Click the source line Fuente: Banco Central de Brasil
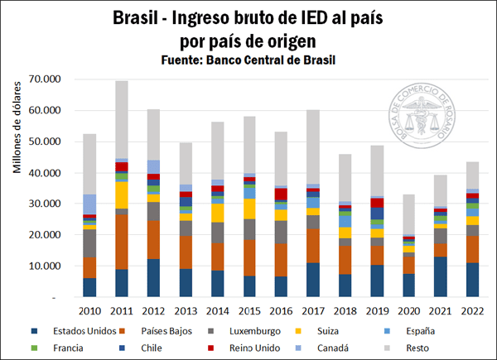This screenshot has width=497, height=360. (x=248, y=60)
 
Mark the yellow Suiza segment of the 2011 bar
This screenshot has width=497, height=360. (x=122, y=194)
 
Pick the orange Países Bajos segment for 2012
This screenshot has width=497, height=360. (x=153, y=240)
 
